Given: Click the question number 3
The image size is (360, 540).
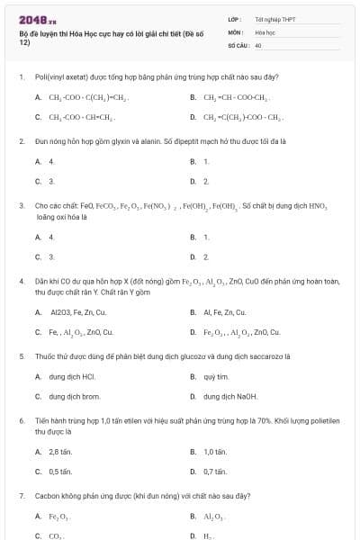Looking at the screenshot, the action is [x=21, y=206].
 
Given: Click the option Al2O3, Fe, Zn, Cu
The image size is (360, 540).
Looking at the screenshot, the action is [x=79, y=312].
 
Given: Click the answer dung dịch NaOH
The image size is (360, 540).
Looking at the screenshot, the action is [x=229, y=396].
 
